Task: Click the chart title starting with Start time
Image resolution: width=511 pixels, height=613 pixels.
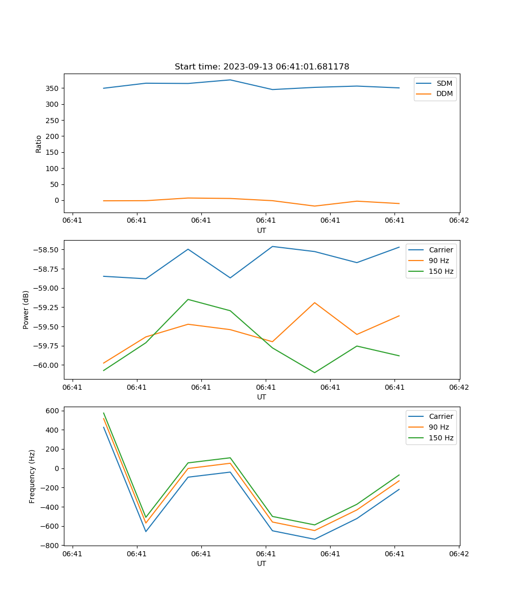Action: (x=262, y=67)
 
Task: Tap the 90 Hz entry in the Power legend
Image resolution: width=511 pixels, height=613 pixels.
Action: (x=438, y=261)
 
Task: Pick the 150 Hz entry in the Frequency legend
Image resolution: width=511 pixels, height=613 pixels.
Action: (x=441, y=438)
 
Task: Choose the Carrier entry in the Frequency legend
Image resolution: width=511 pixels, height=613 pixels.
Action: (x=440, y=416)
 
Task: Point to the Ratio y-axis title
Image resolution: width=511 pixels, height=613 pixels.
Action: (x=39, y=144)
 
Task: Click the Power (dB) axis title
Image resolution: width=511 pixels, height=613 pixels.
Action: (x=26, y=310)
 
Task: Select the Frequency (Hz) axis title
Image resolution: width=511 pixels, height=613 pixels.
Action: (x=32, y=476)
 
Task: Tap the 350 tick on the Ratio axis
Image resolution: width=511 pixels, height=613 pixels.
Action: (x=53, y=88)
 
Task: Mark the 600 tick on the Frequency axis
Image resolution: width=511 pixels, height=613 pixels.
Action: (x=53, y=411)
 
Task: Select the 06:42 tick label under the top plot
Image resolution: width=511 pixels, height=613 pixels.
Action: (x=458, y=221)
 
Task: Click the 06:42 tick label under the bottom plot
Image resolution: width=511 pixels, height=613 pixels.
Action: (x=458, y=554)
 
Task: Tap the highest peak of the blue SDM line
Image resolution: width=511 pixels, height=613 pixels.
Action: (x=230, y=80)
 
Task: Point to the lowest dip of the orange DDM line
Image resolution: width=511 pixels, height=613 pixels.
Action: (x=314, y=206)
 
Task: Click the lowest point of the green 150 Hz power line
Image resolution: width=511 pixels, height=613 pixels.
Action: (x=314, y=372)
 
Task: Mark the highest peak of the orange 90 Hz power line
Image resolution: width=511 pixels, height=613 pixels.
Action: (x=314, y=302)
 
